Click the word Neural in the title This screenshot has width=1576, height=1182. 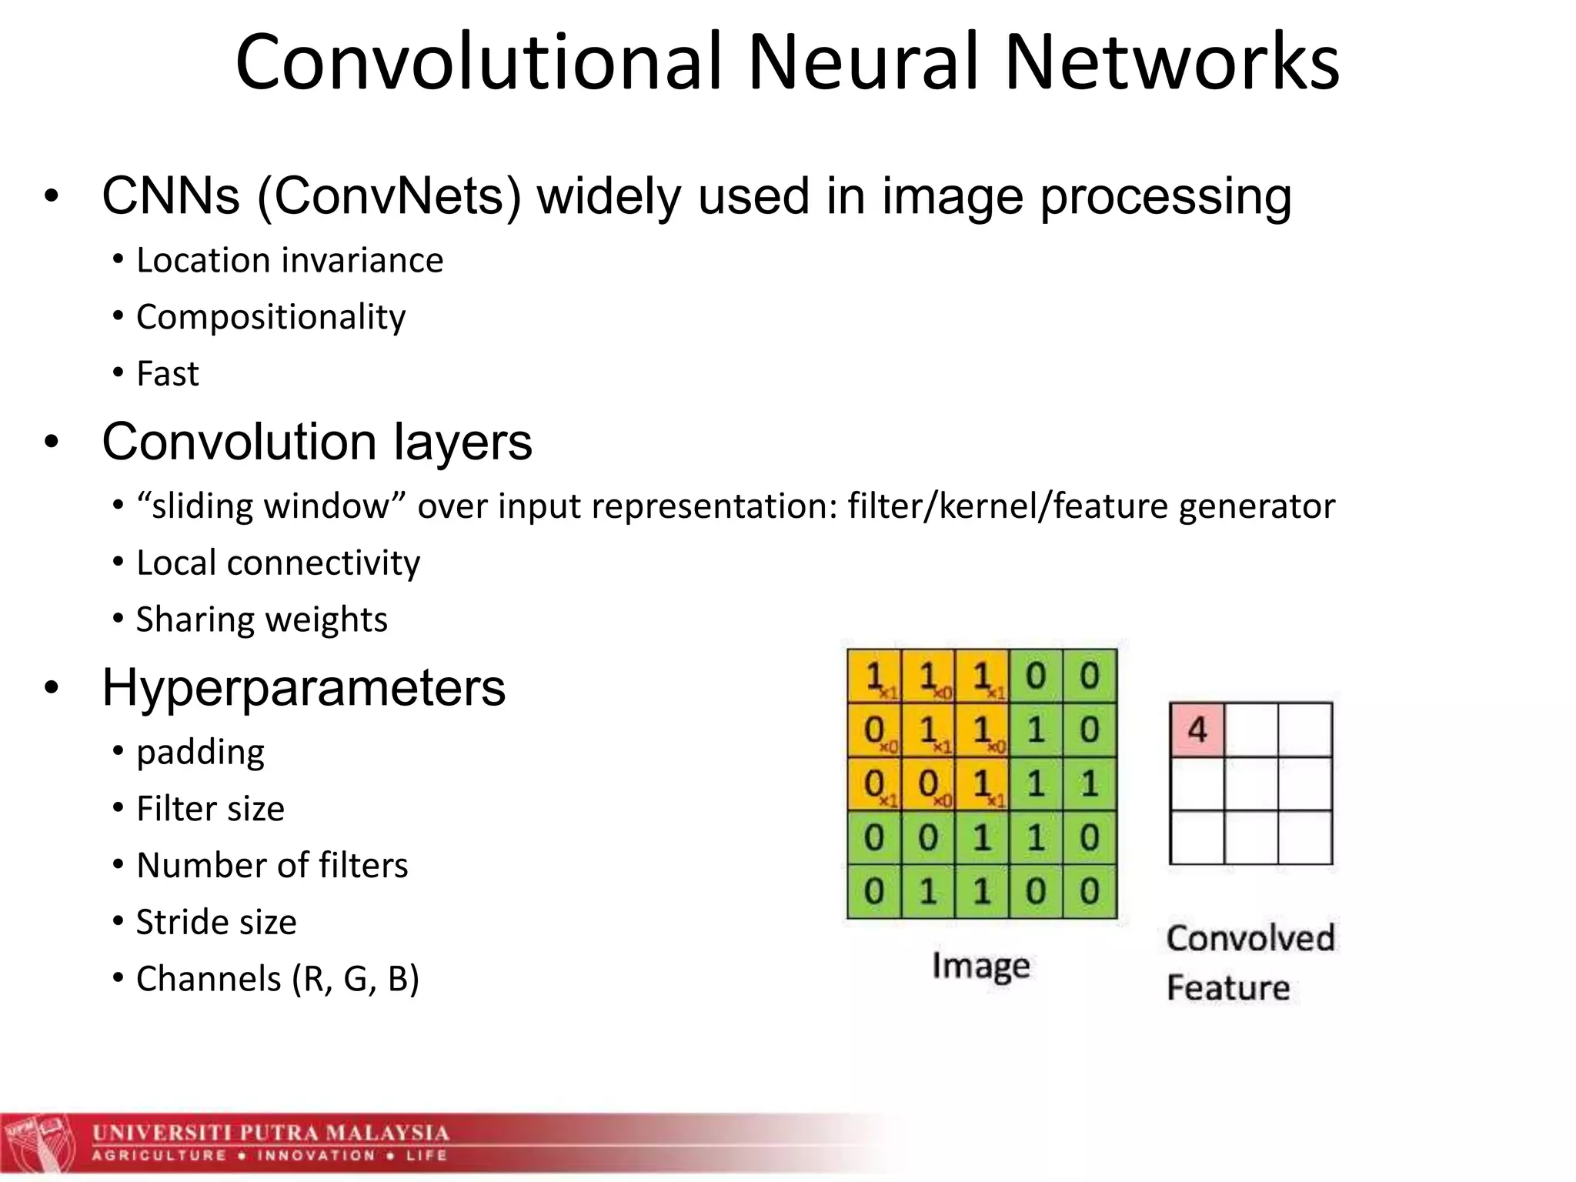coord(863,63)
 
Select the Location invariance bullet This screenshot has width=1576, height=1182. coord(289,261)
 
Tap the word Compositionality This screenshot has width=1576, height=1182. coord(271,317)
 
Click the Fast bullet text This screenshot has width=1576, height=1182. coord(168,374)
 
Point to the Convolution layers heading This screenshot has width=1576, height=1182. coord(317,442)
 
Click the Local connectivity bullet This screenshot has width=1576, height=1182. coord(278,563)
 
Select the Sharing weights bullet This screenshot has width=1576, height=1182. coord(262,619)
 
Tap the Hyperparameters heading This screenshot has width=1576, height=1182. coord(304,687)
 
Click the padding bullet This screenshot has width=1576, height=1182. coord(200,753)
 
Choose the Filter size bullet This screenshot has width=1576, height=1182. coord(210,809)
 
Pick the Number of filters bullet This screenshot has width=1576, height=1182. coord(272,866)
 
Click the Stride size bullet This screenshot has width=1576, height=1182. coord(216,922)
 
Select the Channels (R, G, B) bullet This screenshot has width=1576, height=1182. coord(278,979)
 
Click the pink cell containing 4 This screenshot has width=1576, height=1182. coord(1197,730)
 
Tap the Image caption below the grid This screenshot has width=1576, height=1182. coord(980,966)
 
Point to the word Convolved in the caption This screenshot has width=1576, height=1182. coord(1250,939)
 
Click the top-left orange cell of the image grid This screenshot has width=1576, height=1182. coord(874,676)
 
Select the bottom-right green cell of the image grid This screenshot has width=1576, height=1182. coord(1090,892)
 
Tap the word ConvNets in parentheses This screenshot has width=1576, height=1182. coord(389,197)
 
